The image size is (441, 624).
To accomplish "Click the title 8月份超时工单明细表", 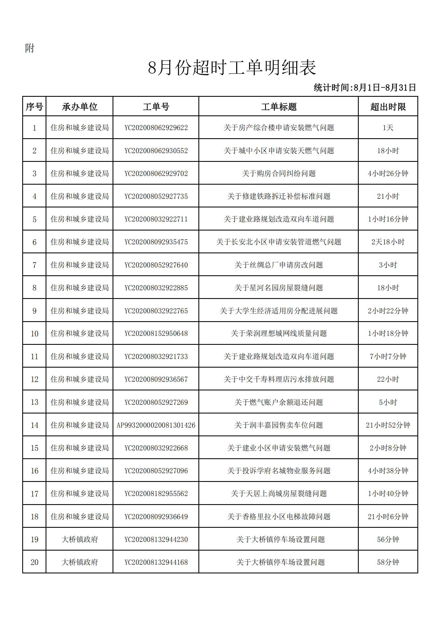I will coord(232,68).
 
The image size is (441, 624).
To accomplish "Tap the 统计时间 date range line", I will coord(365,88).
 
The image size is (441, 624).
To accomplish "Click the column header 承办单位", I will coord(79,107).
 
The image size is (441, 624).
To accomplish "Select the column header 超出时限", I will coord(388,107).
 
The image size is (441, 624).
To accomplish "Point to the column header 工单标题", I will coord(279,107).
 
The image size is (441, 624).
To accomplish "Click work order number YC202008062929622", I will coord(156,128).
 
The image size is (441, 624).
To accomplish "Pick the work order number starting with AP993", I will coord(156,425).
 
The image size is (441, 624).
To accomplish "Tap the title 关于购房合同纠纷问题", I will coord(279,174).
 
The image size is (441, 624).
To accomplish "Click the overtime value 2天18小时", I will coord(388,242).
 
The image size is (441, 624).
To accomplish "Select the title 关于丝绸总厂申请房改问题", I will coord(279,265).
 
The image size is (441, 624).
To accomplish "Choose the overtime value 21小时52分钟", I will coord(388,425).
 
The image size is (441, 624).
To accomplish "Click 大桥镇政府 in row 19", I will coord(79,539).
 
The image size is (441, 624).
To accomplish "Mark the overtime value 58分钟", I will coord(388,562).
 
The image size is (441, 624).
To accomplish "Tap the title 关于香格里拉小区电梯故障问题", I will coord(279,517).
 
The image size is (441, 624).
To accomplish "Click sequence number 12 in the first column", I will coord(34,379).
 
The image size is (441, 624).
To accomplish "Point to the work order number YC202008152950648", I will coord(156,333).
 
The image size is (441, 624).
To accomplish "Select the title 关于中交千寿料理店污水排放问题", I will coord(279,379).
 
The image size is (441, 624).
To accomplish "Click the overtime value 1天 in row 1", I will coord(388,128).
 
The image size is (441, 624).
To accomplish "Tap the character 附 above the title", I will coord(29,48).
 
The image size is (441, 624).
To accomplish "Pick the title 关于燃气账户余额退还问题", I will coord(279,402).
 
